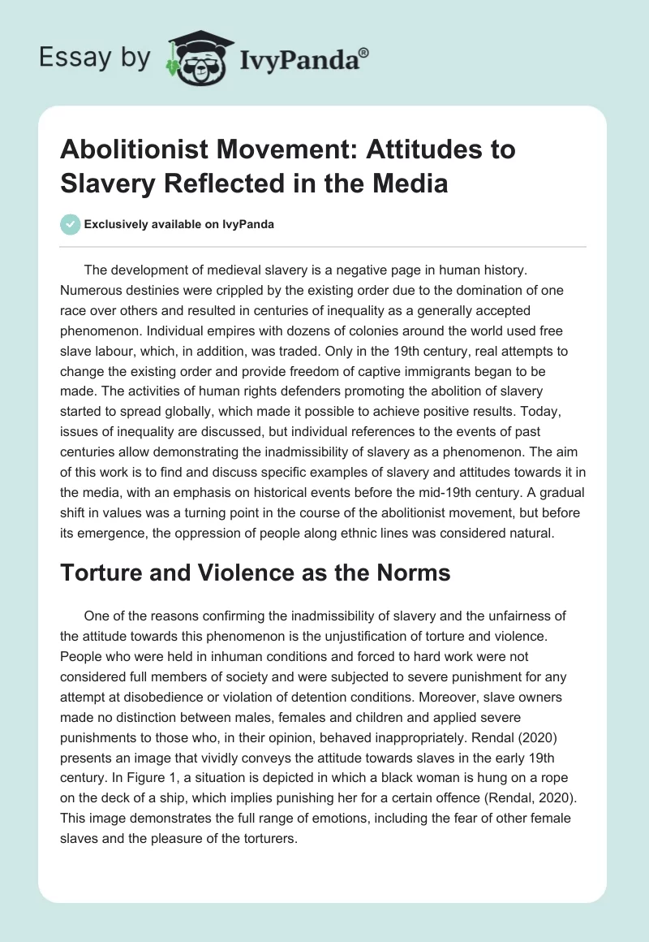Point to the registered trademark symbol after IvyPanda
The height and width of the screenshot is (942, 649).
point(365,53)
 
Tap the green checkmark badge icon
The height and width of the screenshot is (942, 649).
point(71,225)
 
